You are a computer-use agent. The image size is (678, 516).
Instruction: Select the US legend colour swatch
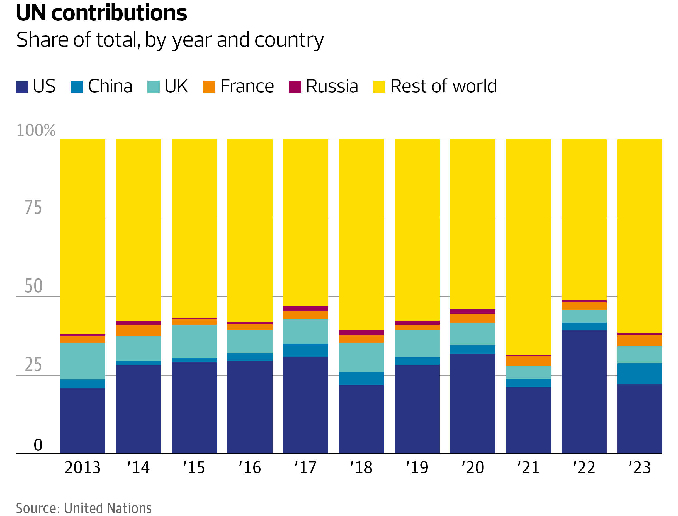pos(21,87)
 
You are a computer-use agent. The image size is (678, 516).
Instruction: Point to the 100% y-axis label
pos(36,130)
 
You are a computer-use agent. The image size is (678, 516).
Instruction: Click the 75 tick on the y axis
pos(33,207)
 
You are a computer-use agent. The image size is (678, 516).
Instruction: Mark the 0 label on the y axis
pos(38,445)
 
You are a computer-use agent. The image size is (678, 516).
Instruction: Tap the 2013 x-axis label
pos(82,468)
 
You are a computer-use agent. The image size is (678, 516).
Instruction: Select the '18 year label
pos(361,468)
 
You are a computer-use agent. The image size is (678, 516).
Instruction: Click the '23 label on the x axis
pos(640,468)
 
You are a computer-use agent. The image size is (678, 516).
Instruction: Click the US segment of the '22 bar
pos(584,392)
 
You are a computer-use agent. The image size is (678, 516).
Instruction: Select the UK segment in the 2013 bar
pos(82,361)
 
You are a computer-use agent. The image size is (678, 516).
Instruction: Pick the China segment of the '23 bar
pos(640,374)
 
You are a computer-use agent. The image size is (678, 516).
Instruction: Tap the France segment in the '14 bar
pos(138,331)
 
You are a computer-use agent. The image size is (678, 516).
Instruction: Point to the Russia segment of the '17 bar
pos(305,309)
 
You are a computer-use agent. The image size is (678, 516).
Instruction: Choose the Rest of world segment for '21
pos(528,246)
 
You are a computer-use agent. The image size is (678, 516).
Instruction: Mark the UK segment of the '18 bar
pos(361,357)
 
